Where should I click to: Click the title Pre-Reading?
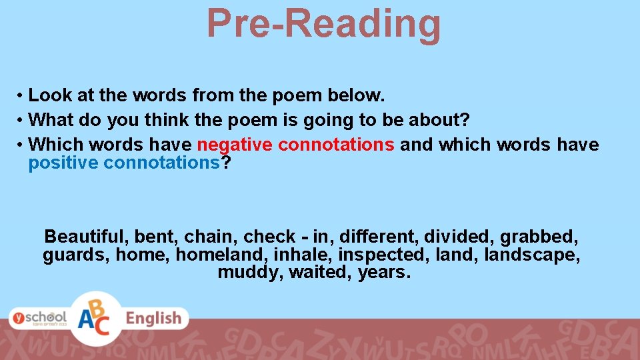pos(323,23)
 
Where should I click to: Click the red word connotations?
pos(337,145)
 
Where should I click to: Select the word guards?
pos(75,255)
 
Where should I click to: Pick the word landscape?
pos(531,255)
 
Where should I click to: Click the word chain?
pos(210,237)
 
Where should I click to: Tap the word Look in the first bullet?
pos(51,95)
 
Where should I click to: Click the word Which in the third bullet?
pos(55,145)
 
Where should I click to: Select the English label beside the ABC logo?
pos(154,319)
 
